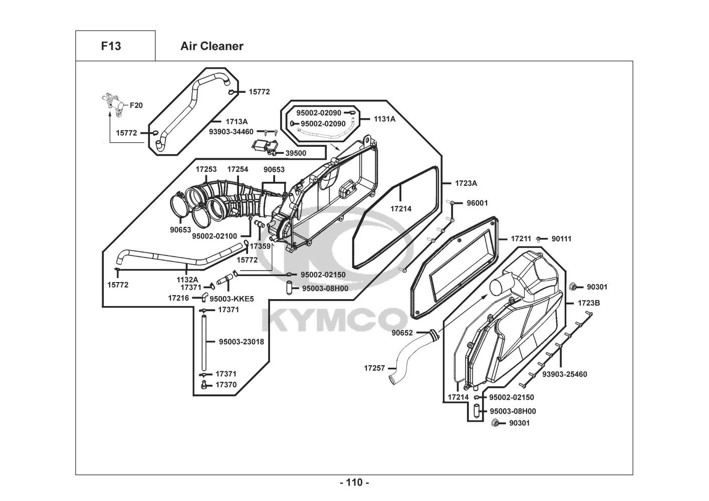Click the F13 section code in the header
(111, 46)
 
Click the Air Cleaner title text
(212, 46)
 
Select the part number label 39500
(296, 153)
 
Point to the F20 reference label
(136, 105)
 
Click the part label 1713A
(237, 122)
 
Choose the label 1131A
(385, 119)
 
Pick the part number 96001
(478, 203)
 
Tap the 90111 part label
(562, 238)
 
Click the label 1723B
(589, 303)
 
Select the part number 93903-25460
(565, 374)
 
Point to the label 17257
(374, 368)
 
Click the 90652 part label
(402, 333)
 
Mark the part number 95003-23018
(242, 342)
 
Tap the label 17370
(226, 385)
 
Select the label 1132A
(187, 280)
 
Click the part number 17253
(206, 169)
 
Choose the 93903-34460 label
(231, 132)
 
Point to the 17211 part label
(521, 238)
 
